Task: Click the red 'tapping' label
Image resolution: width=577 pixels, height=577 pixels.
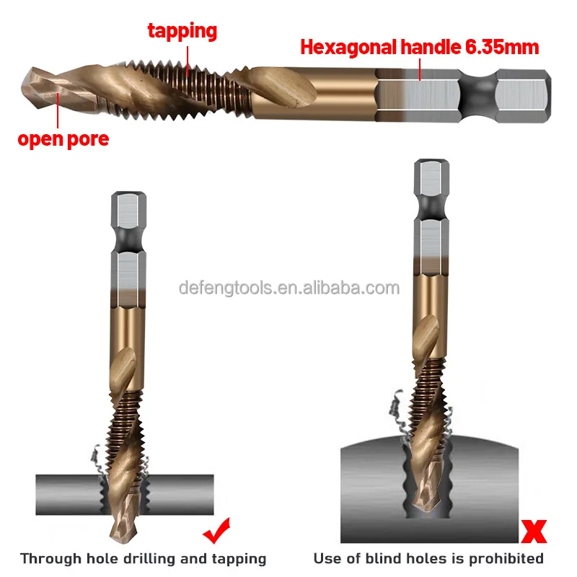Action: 182,31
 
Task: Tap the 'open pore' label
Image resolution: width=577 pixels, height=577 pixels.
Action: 63,138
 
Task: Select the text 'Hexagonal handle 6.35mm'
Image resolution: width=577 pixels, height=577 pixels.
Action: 419,48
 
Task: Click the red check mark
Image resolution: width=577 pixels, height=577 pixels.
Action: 216,532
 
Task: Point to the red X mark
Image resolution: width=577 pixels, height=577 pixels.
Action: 533,532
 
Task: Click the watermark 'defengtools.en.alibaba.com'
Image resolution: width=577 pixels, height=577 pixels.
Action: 288,288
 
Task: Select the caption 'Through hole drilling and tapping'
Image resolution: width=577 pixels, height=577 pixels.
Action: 143,558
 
